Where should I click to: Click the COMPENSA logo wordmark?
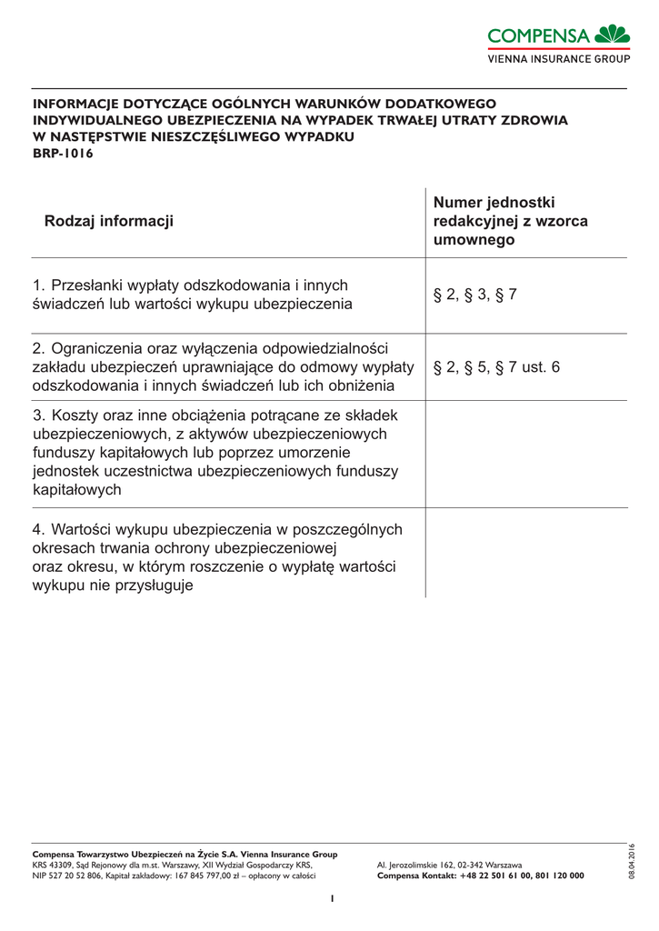(539, 35)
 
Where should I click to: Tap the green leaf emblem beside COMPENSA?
(613, 35)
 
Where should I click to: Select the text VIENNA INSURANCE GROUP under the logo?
(559, 59)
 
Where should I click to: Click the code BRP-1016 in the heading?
(63, 154)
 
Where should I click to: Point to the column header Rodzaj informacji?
(108, 221)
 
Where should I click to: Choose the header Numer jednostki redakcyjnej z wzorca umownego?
(510, 221)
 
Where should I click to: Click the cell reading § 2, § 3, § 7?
(474, 295)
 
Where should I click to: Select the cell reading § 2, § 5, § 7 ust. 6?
(496, 367)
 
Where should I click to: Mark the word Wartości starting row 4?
(85, 529)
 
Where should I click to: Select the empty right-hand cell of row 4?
(525, 557)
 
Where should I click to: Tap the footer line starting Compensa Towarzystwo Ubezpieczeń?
(185, 855)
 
